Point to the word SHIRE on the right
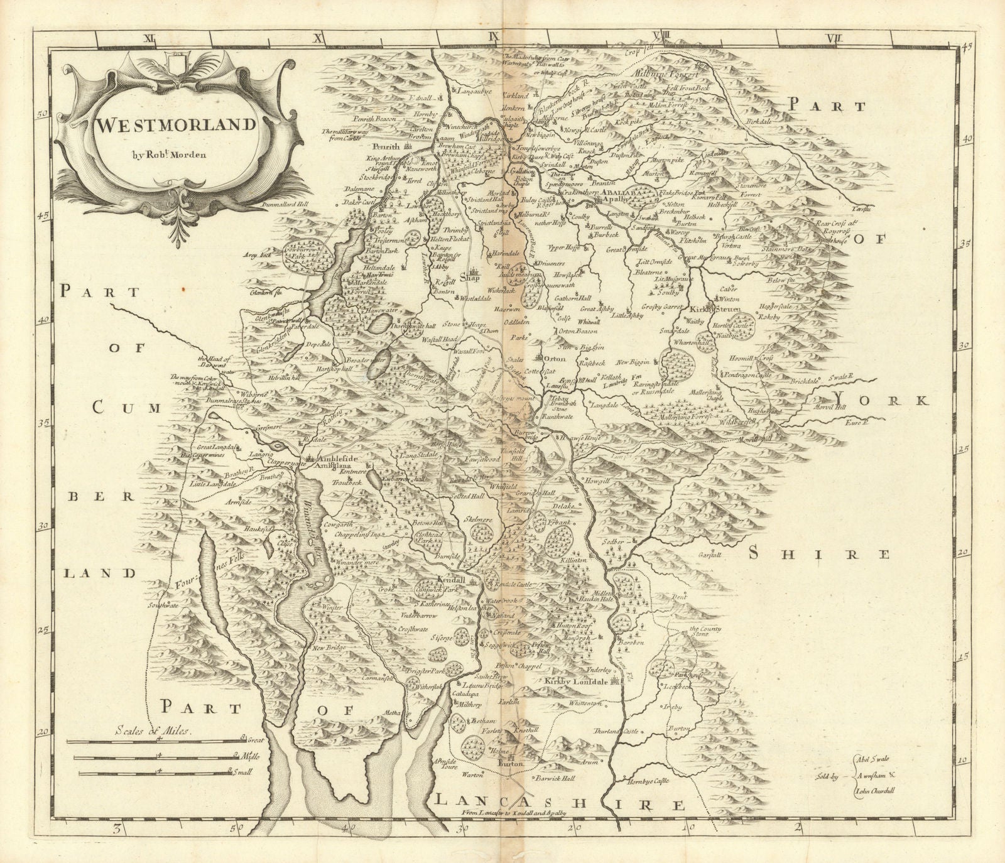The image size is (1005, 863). [x=820, y=553]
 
